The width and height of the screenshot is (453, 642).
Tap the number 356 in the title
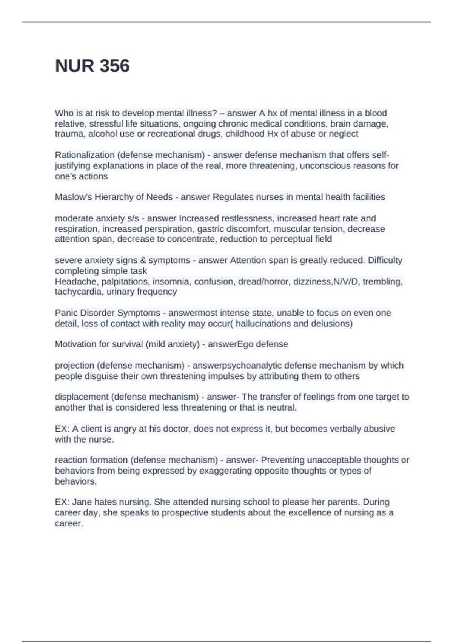point(115,66)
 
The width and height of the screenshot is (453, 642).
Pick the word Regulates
point(231,197)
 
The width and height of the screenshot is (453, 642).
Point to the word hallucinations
point(263,323)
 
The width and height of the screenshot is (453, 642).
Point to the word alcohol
point(102,134)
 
